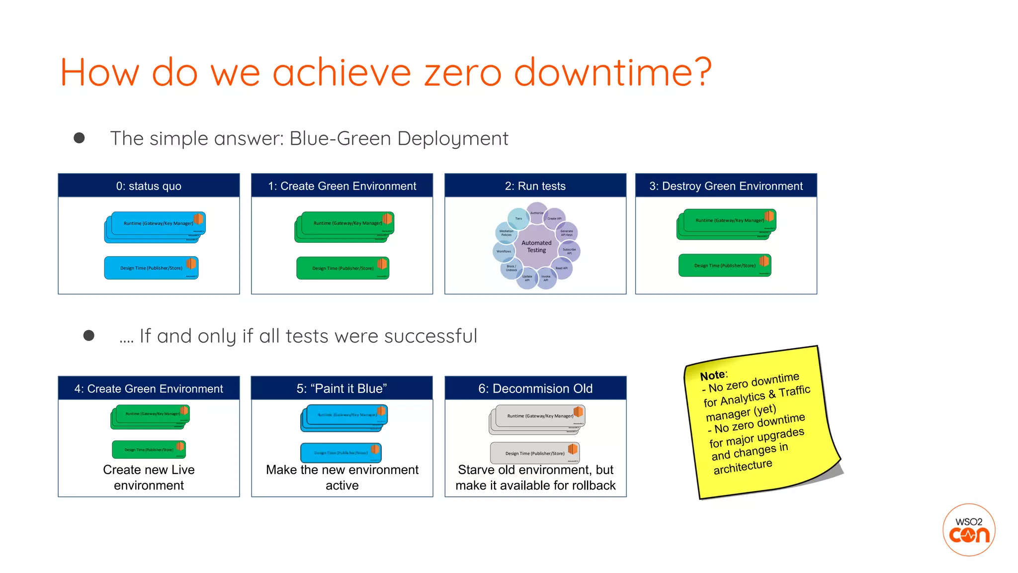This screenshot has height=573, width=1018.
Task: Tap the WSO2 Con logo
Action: (x=968, y=530)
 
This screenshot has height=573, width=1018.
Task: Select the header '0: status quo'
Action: (x=149, y=186)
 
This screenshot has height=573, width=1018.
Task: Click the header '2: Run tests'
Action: (x=535, y=186)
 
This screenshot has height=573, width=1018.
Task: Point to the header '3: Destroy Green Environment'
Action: (x=726, y=186)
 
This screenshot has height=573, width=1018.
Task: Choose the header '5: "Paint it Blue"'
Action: (x=342, y=388)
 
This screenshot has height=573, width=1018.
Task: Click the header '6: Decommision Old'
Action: (x=535, y=388)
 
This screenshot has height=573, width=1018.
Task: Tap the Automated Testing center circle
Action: (x=536, y=246)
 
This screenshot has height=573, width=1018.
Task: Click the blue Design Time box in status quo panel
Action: (x=151, y=268)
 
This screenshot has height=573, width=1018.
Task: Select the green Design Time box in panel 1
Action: (x=342, y=268)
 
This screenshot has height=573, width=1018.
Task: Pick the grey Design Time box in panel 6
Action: (x=535, y=453)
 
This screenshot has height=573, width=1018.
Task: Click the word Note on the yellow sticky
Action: (x=712, y=376)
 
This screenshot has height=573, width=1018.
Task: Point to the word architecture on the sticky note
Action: (x=743, y=467)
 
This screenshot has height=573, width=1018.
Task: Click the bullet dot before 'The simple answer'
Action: (x=79, y=138)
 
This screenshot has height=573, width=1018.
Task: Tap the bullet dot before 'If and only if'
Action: (x=89, y=336)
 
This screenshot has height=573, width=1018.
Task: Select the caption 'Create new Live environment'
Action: (x=149, y=477)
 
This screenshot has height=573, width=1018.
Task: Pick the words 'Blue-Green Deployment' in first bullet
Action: (x=399, y=138)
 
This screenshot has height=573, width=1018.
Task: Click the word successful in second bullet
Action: (x=430, y=336)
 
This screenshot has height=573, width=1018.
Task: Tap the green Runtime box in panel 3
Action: (x=726, y=222)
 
